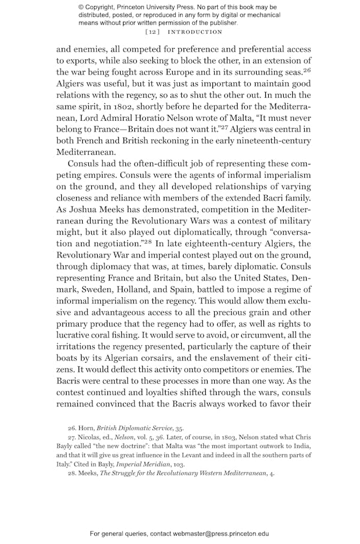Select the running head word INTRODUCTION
tap(193, 32)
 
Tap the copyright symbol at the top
tap(81, 7)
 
